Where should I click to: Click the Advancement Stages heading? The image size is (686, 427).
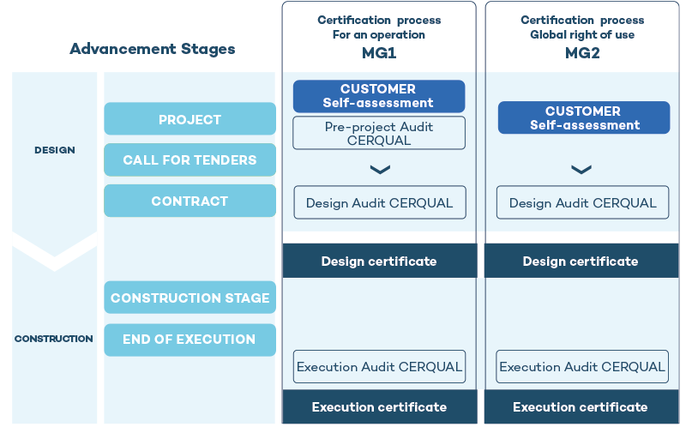pos(152,49)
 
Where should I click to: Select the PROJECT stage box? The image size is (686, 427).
pos(190,119)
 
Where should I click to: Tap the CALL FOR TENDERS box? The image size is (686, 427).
pos(190,160)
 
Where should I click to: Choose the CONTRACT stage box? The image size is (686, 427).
pos(190,201)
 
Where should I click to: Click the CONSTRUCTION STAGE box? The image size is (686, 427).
pos(190,298)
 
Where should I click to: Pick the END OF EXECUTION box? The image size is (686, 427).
pos(190,340)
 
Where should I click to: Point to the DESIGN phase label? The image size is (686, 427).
pos(54,150)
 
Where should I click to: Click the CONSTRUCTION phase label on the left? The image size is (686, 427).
pos(54,339)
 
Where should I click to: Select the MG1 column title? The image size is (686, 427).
pos(378,53)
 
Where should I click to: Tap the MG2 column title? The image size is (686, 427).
pos(582,53)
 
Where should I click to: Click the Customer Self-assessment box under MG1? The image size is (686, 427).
pos(378,96)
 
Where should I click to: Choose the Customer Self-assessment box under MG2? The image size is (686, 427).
pos(584,117)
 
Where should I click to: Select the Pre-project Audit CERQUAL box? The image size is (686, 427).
pos(378,133)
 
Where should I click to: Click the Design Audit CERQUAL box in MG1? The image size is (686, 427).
pos(379,203)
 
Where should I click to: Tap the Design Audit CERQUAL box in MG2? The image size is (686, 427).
pos(583,203)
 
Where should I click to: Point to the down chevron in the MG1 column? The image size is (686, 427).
pos(379,170)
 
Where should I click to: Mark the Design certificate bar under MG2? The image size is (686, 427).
pos(581,262)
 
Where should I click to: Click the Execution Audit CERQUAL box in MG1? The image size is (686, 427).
pos(379,367)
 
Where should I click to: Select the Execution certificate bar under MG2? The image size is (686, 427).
pos(581,407)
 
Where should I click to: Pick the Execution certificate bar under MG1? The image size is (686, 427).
pos(379,407)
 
